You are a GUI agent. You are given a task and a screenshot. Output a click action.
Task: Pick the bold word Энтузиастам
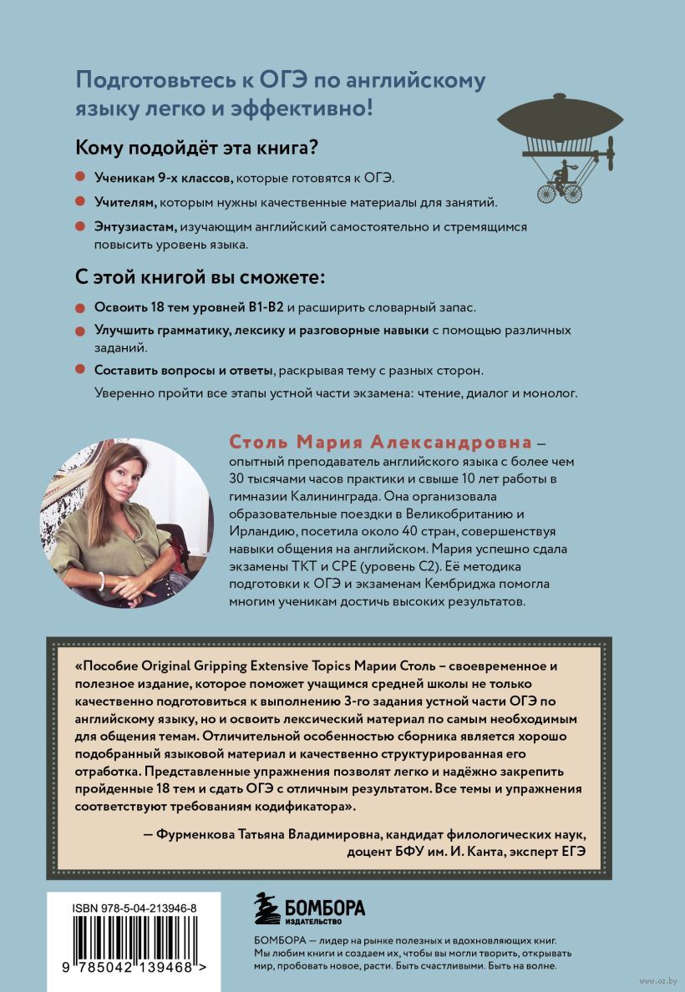pos(136,227)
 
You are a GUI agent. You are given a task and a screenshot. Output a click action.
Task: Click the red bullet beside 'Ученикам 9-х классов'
pos(81,178)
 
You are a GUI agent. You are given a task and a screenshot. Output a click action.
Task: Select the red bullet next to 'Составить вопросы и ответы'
pos(81,369)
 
